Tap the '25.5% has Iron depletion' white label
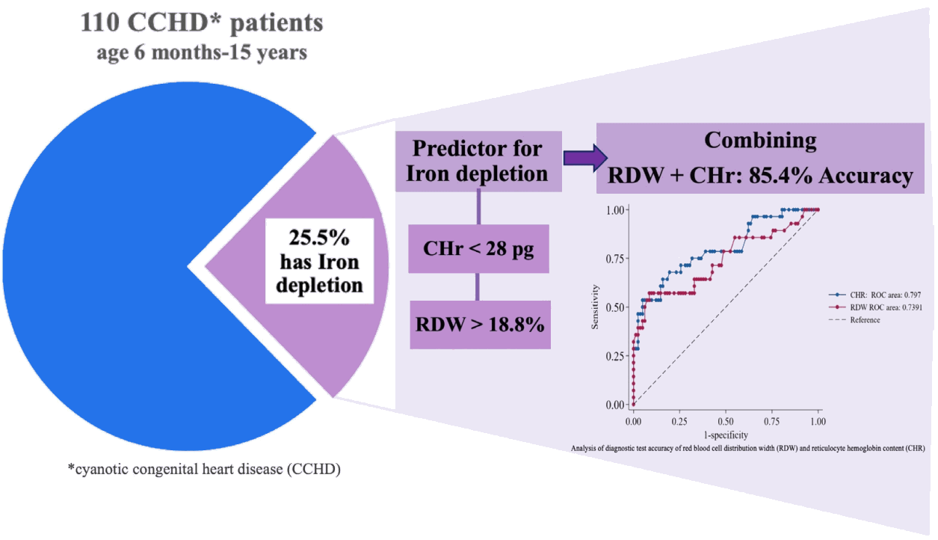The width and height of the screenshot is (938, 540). click(x=319, y=261)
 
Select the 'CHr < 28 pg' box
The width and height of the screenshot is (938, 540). click(x=478, y=249)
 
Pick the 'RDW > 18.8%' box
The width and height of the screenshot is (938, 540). click(x=480, y=325)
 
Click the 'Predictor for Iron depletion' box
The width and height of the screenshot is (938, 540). click(x=478, y=162)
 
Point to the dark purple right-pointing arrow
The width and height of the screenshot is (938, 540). click(x=585, y=158)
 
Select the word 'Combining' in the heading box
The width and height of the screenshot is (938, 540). click(x=760, y=141)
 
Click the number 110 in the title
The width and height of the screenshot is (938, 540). click(x=99, y=22)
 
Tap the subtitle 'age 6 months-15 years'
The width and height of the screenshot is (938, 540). click(x=202, y=53)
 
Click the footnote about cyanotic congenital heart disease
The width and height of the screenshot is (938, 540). click(x=204, y=469)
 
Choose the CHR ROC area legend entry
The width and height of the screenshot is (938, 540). click(x=874, y=295)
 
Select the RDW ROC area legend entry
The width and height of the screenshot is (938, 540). click(x=875, y=307)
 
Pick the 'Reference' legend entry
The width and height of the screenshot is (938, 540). click(x=854, y=320)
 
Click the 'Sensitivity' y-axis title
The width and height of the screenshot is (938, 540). click(x=595, y=307)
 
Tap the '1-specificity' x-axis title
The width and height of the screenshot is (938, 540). click(x=726, y=435)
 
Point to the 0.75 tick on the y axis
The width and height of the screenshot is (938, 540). click(x=614, y=259)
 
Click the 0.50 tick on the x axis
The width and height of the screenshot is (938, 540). click(x=726, y=421)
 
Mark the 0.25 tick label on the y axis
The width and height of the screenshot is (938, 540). click(x=614, y=357)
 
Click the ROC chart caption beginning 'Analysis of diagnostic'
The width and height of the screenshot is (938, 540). click(x=748, y=448)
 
